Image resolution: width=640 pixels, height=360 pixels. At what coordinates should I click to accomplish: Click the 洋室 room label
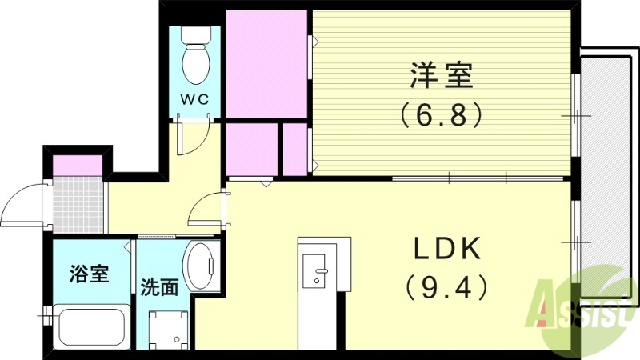click(442, 78)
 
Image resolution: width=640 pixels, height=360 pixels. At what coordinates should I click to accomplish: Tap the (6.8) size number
click(442, 115)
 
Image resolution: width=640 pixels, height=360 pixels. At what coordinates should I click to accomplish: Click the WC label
click(194, 99)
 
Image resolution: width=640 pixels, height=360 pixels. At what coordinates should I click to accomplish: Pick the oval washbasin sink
click(200, 266)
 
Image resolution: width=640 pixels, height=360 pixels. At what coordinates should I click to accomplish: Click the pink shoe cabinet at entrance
click(78, 166)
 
